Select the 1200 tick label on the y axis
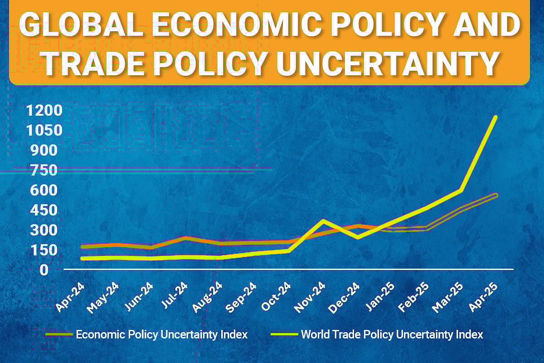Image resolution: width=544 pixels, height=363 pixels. (x=44, y=111)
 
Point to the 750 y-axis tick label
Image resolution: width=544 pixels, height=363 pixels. (x=44, y=171)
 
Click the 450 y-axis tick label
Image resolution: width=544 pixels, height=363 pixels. (x=44, y=210)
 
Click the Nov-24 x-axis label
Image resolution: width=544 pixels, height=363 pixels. (x=309, y=298)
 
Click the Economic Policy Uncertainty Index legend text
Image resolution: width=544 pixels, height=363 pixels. (x=162, y=335)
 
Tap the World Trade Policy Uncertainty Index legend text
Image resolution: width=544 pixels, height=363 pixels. (x=392, y=335)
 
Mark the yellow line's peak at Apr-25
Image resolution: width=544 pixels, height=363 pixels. (x=496, y=117)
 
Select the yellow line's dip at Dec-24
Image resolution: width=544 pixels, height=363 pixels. (x=358, y=237)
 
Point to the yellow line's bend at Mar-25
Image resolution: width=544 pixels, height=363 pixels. (x=461, y=190)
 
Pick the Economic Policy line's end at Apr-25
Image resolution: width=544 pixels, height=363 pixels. (x=496, y=195)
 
